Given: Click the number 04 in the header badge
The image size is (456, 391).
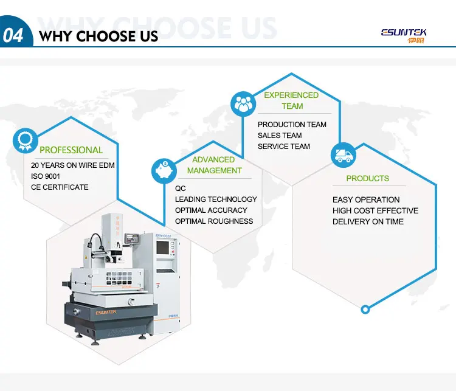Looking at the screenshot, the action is coord(13,35).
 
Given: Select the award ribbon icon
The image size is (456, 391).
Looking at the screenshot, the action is coord(26,141).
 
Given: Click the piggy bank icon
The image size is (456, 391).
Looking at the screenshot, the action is coord(164,171).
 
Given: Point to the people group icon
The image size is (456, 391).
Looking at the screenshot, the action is coord(243,104).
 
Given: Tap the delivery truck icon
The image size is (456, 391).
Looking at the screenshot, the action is coord(344,155).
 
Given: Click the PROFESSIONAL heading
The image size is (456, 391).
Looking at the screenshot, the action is coord(71,150).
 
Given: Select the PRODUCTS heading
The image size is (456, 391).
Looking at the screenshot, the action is coord(368,178).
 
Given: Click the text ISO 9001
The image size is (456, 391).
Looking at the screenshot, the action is coord(46,176).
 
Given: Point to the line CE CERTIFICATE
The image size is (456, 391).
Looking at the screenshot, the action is coord(60,187).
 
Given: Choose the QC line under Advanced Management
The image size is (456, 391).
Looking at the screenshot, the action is coord(181,189).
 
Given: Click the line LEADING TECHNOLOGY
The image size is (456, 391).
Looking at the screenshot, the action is coord(216,199).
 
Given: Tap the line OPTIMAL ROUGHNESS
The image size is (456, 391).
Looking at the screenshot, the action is coord(214,221).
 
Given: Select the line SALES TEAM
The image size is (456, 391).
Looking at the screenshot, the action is coord(280,136).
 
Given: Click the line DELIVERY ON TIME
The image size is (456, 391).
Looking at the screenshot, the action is coord(368,222).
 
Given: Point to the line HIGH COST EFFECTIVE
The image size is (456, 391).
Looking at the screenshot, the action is coord(376,210).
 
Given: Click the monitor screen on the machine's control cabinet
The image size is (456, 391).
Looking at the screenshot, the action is coord(162,247).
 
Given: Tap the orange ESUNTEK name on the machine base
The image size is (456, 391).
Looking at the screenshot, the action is coord(106,313).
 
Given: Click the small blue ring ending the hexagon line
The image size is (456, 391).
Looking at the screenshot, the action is coord(365,310).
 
